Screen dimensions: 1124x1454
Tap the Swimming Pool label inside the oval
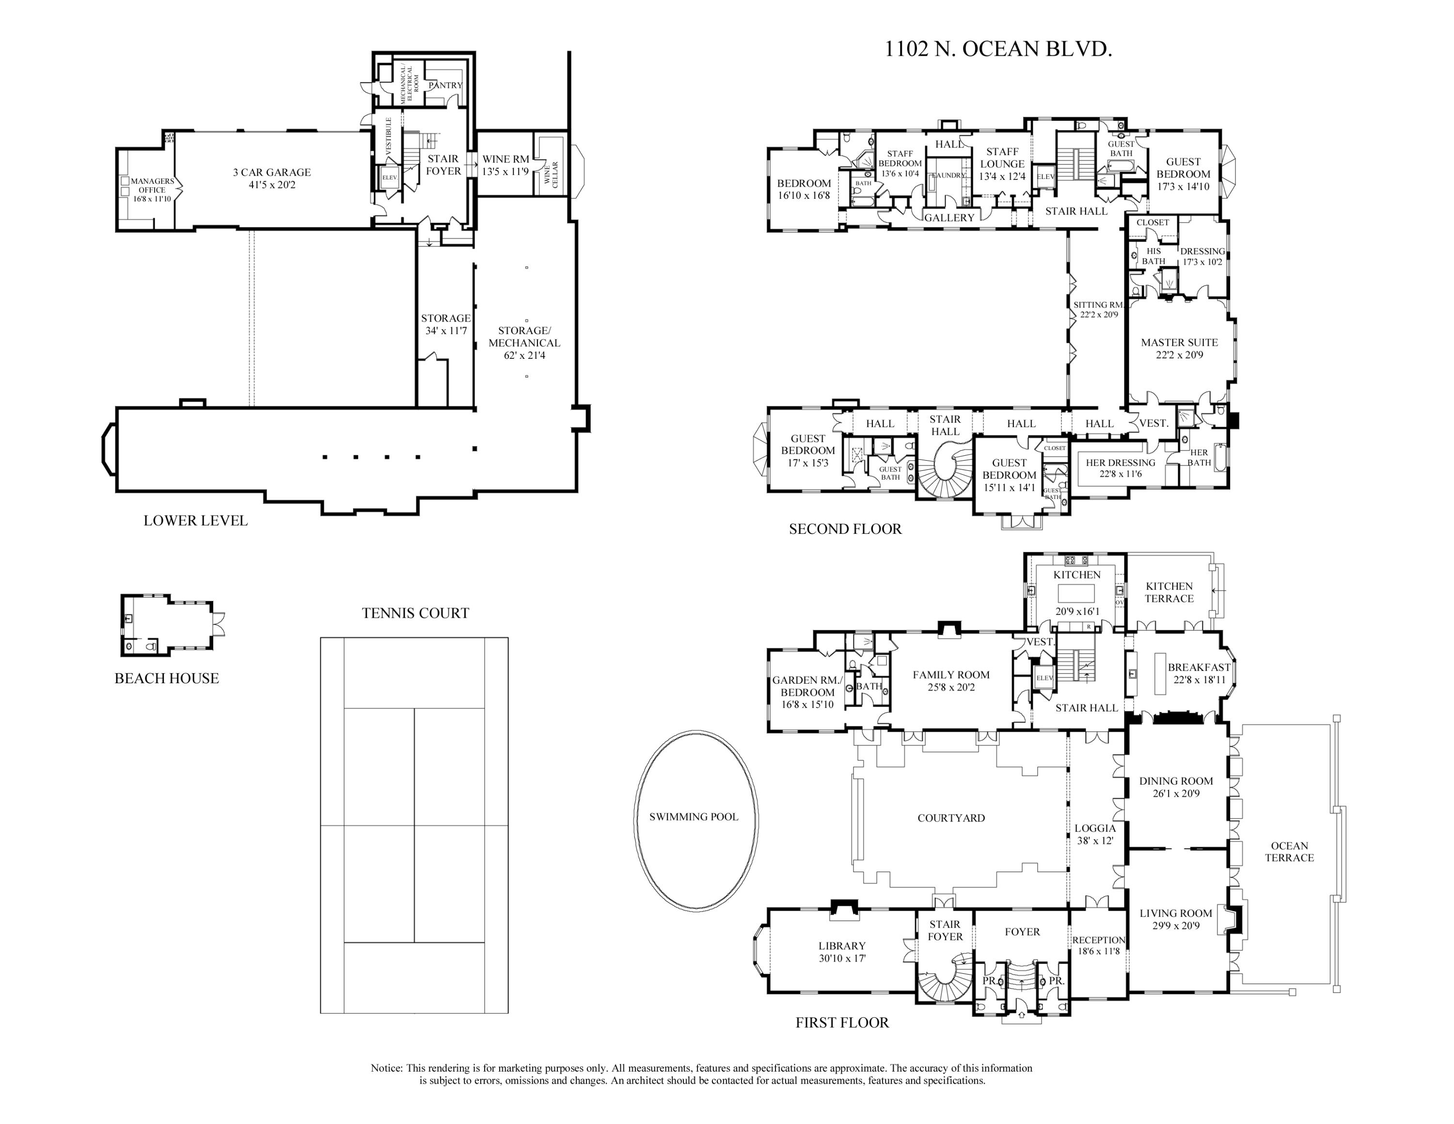694,817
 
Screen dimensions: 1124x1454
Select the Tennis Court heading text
415,613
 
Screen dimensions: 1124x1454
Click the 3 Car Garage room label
271,178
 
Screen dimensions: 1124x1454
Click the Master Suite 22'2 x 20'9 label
1179,348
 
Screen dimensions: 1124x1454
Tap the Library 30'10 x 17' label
842,951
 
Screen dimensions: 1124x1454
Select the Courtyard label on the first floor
951,818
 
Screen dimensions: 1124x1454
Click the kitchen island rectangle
1076,593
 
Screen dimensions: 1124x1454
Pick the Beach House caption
166,678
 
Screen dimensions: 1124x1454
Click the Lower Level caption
196,521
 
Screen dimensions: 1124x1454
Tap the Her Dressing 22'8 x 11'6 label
1121,468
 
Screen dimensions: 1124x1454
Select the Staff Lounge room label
1002,164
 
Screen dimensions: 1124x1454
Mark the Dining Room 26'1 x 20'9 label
1176,787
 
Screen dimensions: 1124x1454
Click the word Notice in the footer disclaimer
386,1068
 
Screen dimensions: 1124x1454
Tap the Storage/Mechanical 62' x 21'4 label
524,343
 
